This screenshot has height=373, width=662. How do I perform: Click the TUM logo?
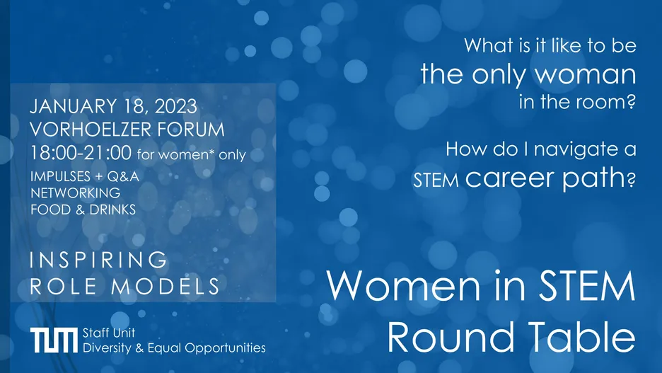[x=54, y=340]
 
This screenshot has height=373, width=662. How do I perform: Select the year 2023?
[x=175, y=106]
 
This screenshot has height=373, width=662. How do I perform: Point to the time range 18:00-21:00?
[x=81, y=152]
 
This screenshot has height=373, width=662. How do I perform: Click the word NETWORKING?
[x=76, y=193]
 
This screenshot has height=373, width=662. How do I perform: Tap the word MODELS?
[x=165, y=287]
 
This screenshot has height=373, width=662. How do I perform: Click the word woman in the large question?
[x=585, y=74]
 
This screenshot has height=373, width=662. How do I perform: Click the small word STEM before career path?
[x=436, y=180]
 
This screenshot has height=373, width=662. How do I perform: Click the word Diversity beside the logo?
[x=108, y=348]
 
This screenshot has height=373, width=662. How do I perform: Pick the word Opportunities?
[x=225, y=348]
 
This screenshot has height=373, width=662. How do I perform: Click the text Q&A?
[x=123, y=176]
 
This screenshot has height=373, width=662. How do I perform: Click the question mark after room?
[x=631, y=102]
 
